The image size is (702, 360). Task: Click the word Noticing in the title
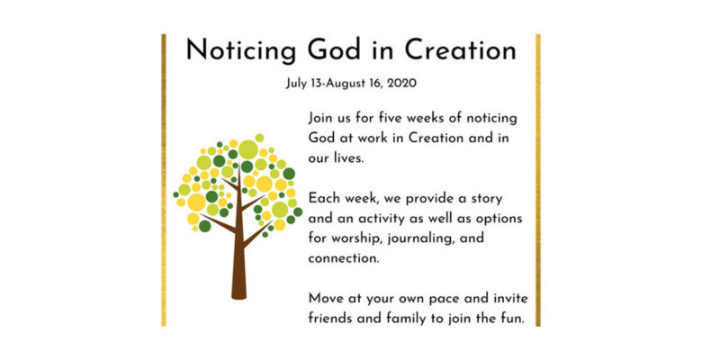pos(241,51)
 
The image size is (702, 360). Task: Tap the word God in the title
pos(334,49)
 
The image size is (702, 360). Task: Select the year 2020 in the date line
pos(401,84)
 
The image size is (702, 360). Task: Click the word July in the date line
pos(296,84)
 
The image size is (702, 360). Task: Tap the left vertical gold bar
pos(164,180)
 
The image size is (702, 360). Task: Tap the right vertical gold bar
pos(538,180)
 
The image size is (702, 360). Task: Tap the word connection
pos(344,258)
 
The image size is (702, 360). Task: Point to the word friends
pos(329,319)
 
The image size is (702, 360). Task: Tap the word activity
pos(388,219)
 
